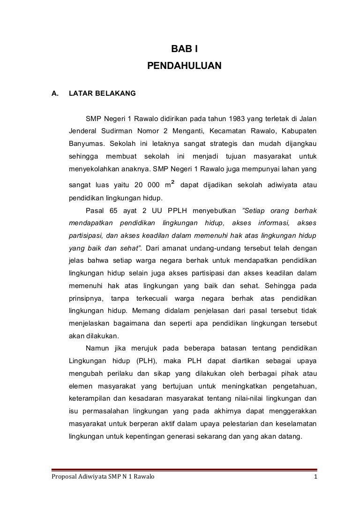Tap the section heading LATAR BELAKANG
point(102,93)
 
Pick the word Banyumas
point(86,142)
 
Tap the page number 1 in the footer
point(316,478)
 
